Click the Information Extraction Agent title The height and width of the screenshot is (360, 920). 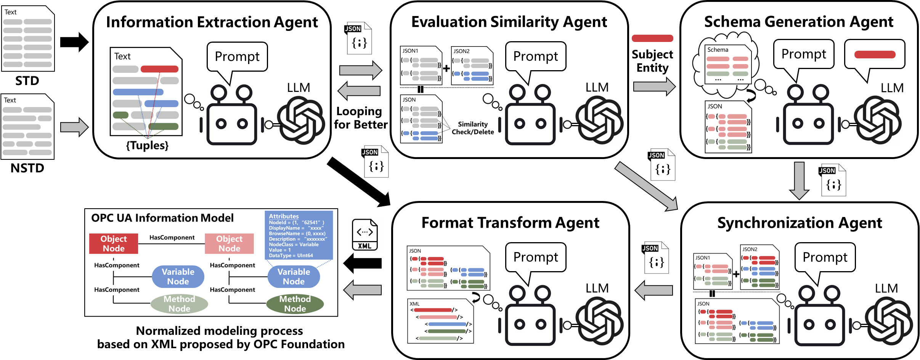click(x=212, y=22)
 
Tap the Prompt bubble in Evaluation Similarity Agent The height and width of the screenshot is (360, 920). click(x=535, y=56)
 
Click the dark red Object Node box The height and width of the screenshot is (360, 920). click(x=114, y=244)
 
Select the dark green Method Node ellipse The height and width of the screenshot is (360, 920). click(x=295, y=304)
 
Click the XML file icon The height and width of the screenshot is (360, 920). click(x=364, y=235)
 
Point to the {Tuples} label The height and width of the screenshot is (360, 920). click(x=147, y=145)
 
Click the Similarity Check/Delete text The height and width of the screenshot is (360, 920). click(x=473, y=128)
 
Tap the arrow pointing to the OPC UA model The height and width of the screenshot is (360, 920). click(x=362, y=290)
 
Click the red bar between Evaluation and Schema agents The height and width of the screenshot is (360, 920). click(x=652, y=38)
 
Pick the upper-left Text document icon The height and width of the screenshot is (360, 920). click(x=28, y=39)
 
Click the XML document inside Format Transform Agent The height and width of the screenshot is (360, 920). click(x=440, y=321)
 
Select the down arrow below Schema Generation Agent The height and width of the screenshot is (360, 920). click(x=799, y=180)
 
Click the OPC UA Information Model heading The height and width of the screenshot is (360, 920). click(x=162, y=218)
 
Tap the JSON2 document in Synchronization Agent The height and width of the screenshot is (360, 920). click(x=759, y=267)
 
